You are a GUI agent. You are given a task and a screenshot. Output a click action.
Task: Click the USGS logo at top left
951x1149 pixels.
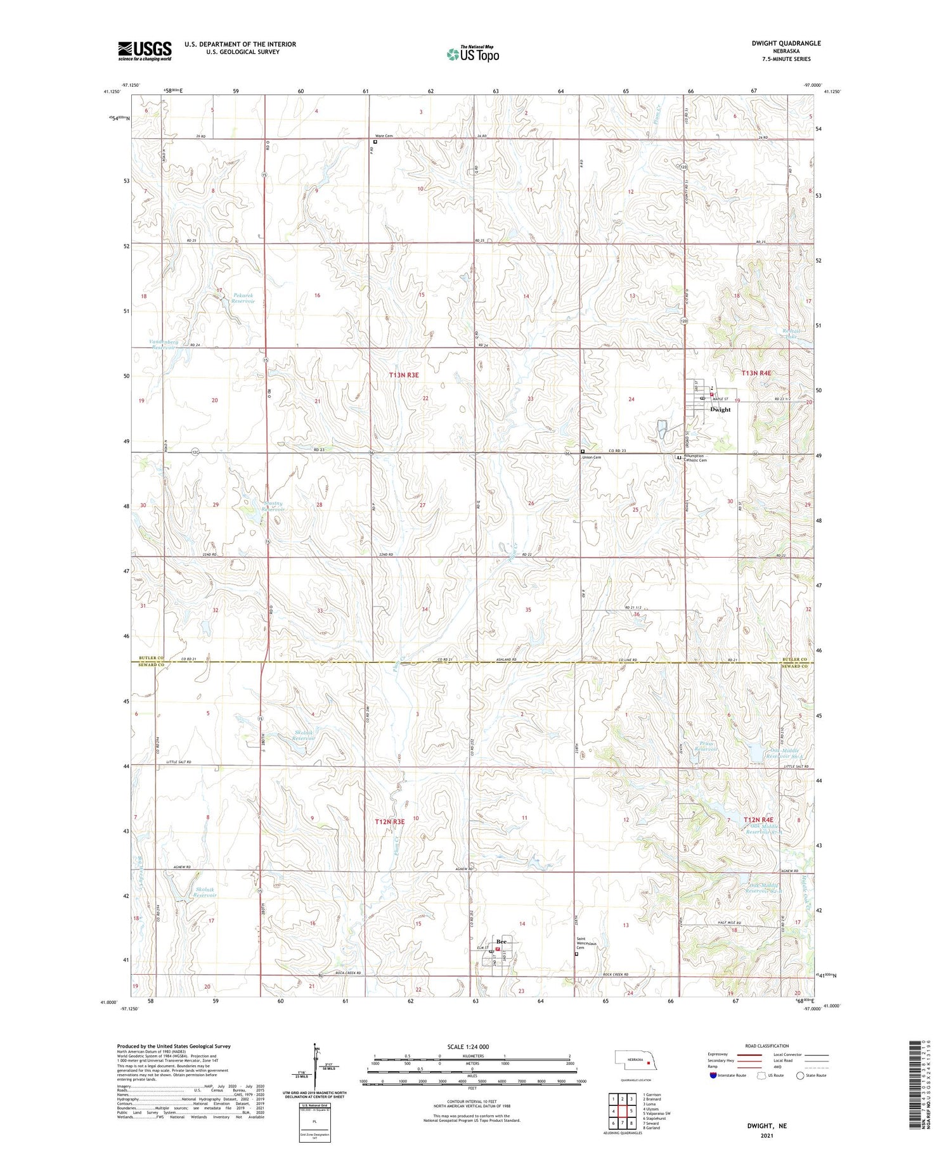coord(145,51)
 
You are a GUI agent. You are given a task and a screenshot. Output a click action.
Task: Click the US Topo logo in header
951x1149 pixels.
coord(473,55)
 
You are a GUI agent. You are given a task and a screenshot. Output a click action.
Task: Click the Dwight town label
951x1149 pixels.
coord(720,409)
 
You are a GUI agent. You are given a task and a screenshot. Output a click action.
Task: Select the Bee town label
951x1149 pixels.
coord(503,941)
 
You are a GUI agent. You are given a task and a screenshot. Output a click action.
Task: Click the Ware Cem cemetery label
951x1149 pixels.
coord(384,136)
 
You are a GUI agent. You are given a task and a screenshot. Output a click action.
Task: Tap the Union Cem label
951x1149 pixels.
coord(592,457)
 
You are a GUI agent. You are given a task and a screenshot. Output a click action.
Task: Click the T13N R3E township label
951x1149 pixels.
coord(404,375)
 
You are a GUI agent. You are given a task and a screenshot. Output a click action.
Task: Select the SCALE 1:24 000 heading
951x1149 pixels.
coord(468,1046)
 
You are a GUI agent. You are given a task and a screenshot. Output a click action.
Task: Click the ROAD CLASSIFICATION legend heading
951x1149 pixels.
coord(767,1046)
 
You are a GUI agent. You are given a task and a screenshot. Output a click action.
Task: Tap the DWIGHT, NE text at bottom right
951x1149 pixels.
coord(767,1126)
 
